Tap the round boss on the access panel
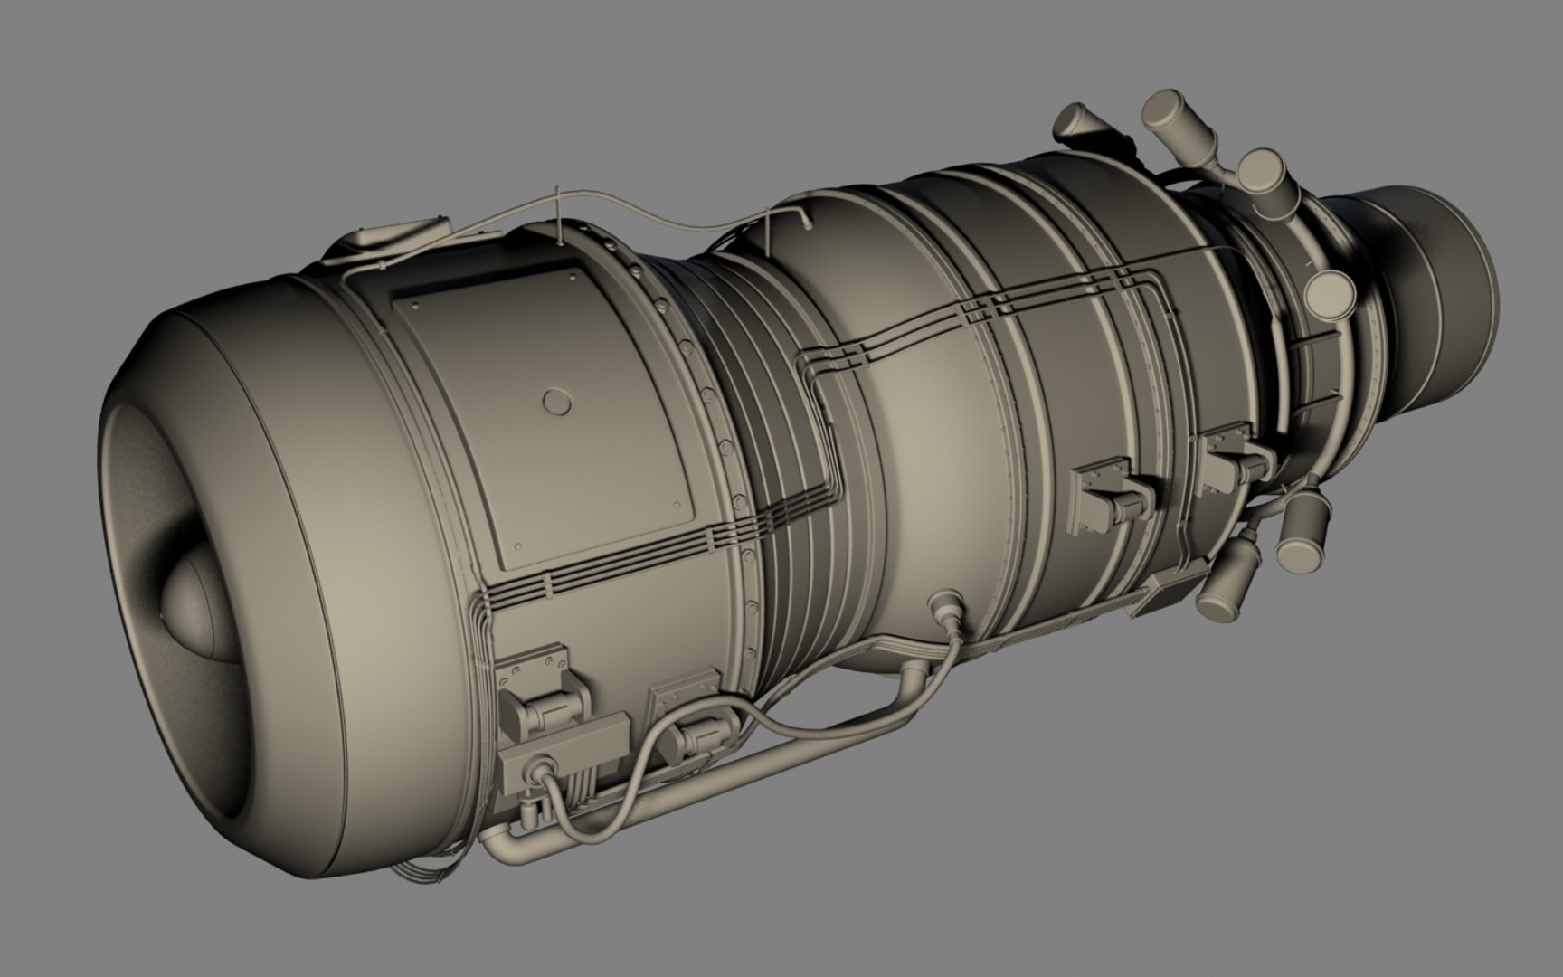(554, 400)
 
